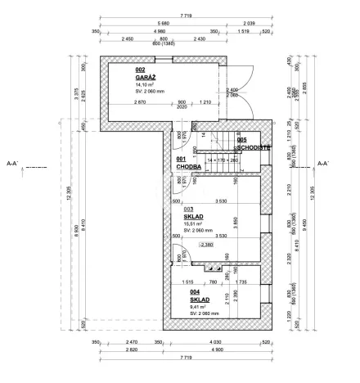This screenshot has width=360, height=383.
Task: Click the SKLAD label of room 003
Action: pyautogui.click(x=193, y=217)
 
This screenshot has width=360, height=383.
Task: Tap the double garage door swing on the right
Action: pyautogui.click(x=241, y=90)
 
